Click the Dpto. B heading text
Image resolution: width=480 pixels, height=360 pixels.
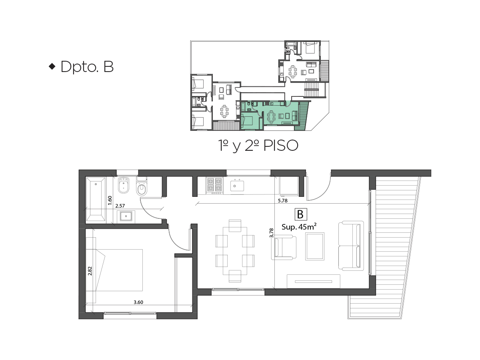click(x=87, y=66)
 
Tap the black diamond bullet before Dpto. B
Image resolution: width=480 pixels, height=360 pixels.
click(x=52, y=66)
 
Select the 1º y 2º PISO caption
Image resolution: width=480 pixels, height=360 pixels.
click(x=258, y=146)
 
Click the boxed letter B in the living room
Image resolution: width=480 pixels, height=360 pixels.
click(x=301, y=214)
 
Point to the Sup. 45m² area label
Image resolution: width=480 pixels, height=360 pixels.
click(x=299, y=227)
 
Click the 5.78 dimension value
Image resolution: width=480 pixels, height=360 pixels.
click(x=282, y=200)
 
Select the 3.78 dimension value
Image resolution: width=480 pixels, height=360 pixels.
click(x=271, y=233)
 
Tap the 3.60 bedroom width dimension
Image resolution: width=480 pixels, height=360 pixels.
click(x=138, y=302)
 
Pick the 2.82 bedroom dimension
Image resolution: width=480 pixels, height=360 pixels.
click(x=90, y=271)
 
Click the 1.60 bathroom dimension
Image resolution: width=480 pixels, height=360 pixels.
click(x=110, y=200)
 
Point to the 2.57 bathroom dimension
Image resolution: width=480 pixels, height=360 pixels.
click(x=120, y=206)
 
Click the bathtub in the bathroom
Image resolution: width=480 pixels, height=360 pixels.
click(x=96, y=199)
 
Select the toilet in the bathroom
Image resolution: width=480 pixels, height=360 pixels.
click(x=142, y=186)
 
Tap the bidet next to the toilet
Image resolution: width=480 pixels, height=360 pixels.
click(x=124, y=185)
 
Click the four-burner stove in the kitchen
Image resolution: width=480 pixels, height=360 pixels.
click(x=214, y=186)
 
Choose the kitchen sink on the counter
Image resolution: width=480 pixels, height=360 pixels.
click(x=237, y=186)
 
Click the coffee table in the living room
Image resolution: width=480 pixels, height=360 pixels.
click(x=315, y=246)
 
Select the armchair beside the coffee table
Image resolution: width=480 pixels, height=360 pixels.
click(x=284, y=248)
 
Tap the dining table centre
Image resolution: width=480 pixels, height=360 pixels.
click(x=235, y=251)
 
